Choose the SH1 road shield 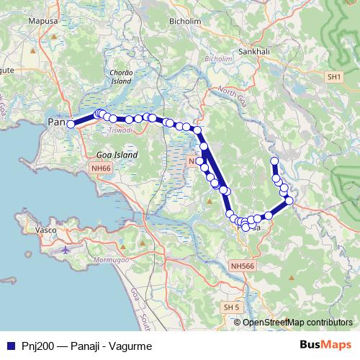coord(333,76)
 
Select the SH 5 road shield coord(231,307)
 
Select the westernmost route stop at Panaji coord(71,125)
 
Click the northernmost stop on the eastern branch coord(274,161)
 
